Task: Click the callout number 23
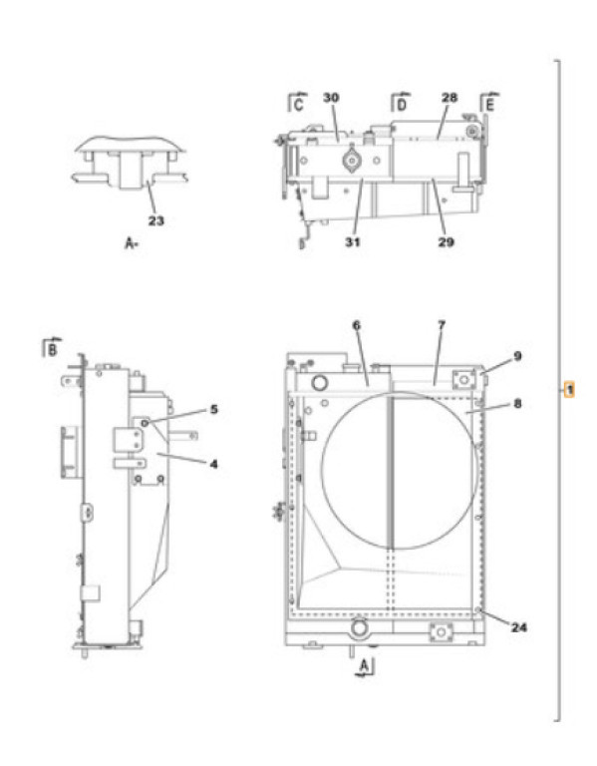[x=155, y=220]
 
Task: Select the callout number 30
[x=331, y=98]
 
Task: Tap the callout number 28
[x=449, y=98]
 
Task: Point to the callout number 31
[x=353, y=241]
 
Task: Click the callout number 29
[x=446, y=241]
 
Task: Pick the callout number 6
[x=357, y=325]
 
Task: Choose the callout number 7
[x=442, y=325]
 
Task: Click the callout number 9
[x=517, y=356]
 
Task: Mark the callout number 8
[x=517, y=404]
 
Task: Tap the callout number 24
[x=519, y=626]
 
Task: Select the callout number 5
[x=214, y=409]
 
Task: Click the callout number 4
[x=213, y=464]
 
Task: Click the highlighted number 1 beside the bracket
[x=569, y=390]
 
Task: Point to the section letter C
[x=298, y=105]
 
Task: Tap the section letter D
[x=402, y=105]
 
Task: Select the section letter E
[x=490, y=105]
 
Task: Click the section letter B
[x=52, y=350]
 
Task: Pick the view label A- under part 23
[x=132, y=242]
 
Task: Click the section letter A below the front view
[x=364, y=665]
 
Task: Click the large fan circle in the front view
[x=322, y=469]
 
